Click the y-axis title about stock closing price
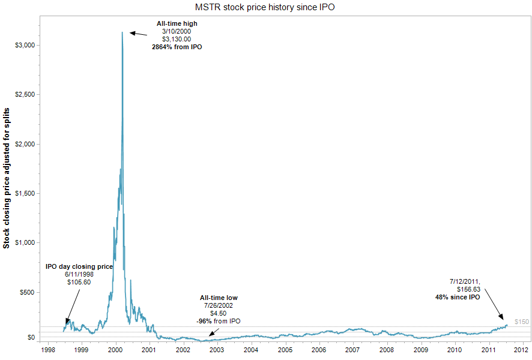7,179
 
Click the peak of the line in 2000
122,32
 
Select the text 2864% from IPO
177,46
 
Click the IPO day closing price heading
79,266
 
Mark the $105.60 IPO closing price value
78,282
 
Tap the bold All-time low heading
219,298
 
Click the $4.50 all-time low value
219,313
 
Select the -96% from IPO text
219,321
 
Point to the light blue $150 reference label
521,322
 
